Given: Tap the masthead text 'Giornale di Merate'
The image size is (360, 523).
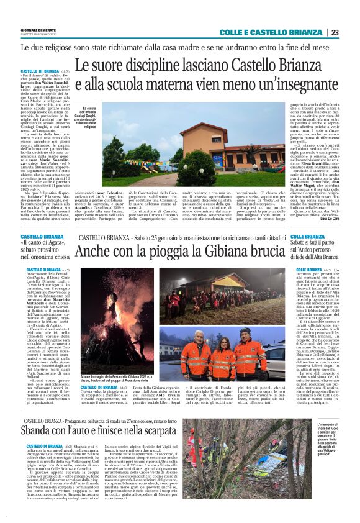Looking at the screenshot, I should [38, 30].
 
